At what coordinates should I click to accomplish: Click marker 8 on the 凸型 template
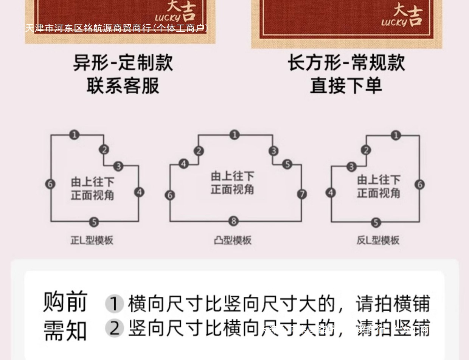point(233,221)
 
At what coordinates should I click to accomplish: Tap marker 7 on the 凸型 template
point(301,194)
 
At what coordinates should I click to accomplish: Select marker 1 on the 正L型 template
point(75,135)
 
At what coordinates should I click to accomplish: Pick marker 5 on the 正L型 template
point(94,222)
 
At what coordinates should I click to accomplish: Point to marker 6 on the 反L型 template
point(419,185)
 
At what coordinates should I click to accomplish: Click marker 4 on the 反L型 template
point(331,192)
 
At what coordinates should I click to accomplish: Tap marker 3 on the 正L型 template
point(118,166)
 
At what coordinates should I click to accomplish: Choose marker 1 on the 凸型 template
point(234,135)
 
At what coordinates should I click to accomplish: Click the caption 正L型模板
point(92,241)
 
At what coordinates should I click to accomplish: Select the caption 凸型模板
point(233,241)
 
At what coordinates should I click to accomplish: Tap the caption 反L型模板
point(378,241)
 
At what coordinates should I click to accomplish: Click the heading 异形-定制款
point(123,63)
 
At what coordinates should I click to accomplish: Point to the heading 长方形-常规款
point(346,63)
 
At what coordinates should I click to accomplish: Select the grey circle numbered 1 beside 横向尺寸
point(114,304)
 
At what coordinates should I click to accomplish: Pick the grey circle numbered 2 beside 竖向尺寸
point(114,328)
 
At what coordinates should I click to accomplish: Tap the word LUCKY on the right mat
point(394,22)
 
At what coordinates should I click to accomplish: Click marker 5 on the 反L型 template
point(375,222)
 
